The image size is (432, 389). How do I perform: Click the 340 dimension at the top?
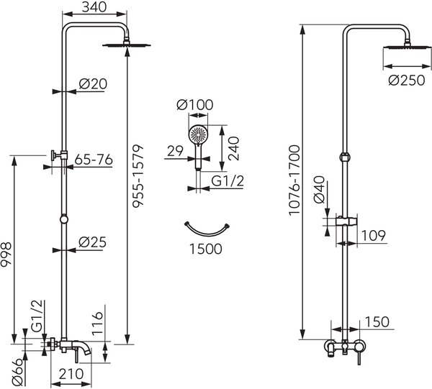click(94, 7)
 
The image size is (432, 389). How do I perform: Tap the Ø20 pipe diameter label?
click(93, 84)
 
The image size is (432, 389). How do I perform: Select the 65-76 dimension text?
click(94, 160)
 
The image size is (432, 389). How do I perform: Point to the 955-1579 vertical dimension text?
click(138, 175)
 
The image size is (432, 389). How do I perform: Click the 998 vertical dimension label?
click(6, 255)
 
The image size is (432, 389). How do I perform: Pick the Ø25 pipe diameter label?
click(92, 242)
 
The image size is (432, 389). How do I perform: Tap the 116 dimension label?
click(97, 324)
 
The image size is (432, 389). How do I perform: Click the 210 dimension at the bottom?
click(71, 374)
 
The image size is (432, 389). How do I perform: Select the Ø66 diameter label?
click(17, 372)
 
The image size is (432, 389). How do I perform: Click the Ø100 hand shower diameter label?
click(195, 105)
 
